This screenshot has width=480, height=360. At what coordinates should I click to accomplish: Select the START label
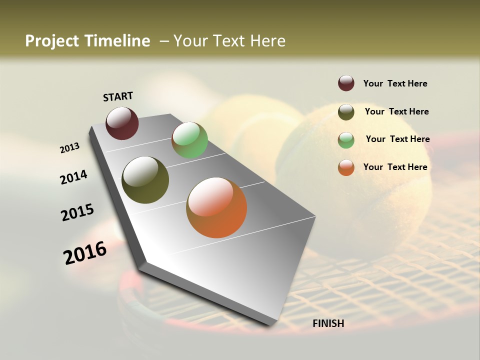click(x=118, y=96)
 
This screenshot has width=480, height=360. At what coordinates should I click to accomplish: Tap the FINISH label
click(x=328, y=323)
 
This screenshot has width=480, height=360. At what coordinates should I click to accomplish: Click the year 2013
click(x=70, y=148)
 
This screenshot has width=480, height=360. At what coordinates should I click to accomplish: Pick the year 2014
click(x=73, y=177)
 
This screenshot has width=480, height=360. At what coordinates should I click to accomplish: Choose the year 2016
click(x=85, y=252)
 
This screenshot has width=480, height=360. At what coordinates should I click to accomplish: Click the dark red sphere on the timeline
click(x=122, y=123)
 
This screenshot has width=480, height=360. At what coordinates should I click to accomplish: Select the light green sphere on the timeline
click(x=189, y=140)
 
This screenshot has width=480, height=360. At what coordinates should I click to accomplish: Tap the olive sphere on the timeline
click(x=145, y=180)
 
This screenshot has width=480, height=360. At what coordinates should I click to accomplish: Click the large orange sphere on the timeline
click(x=216, y=207)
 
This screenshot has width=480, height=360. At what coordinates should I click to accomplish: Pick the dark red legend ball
click(x=346, y=83)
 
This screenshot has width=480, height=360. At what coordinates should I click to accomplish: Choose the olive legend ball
click(x=346, y=112)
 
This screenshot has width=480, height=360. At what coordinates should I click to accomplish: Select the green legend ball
click(x=346, y=140)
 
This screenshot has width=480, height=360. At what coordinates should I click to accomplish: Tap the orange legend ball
click(x=346, y=167)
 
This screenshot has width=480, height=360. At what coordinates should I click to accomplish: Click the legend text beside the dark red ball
click(x=395, y=84)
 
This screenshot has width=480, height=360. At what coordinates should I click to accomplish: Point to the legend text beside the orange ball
click(x=395, y=167)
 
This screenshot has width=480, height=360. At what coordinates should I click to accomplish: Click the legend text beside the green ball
click(x=397, y=139)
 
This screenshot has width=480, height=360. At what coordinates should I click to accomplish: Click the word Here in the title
click(x=267, y=41)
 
